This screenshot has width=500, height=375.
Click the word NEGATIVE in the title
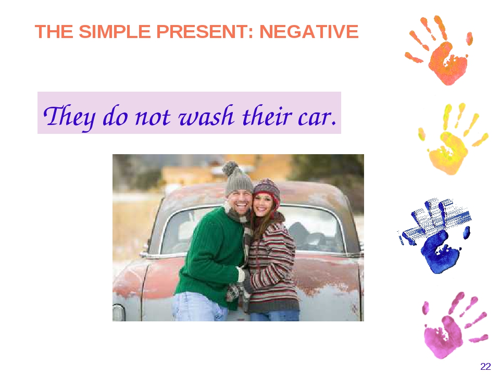(x=309, y=31)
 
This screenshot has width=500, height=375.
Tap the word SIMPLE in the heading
(x=115, y=31)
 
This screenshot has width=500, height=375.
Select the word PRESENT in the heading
(x=205, y=31)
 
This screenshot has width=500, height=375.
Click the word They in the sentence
(x=69, y=117)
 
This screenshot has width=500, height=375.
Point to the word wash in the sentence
(x=206, y=116)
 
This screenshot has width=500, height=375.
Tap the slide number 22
(x=485, y=366)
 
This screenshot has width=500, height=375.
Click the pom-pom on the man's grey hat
(x=230, y=168)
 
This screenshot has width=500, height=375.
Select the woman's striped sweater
(x=272, y=265)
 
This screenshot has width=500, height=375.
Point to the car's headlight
(x=118, y=312)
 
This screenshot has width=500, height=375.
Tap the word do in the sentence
(x=116, y=116)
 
